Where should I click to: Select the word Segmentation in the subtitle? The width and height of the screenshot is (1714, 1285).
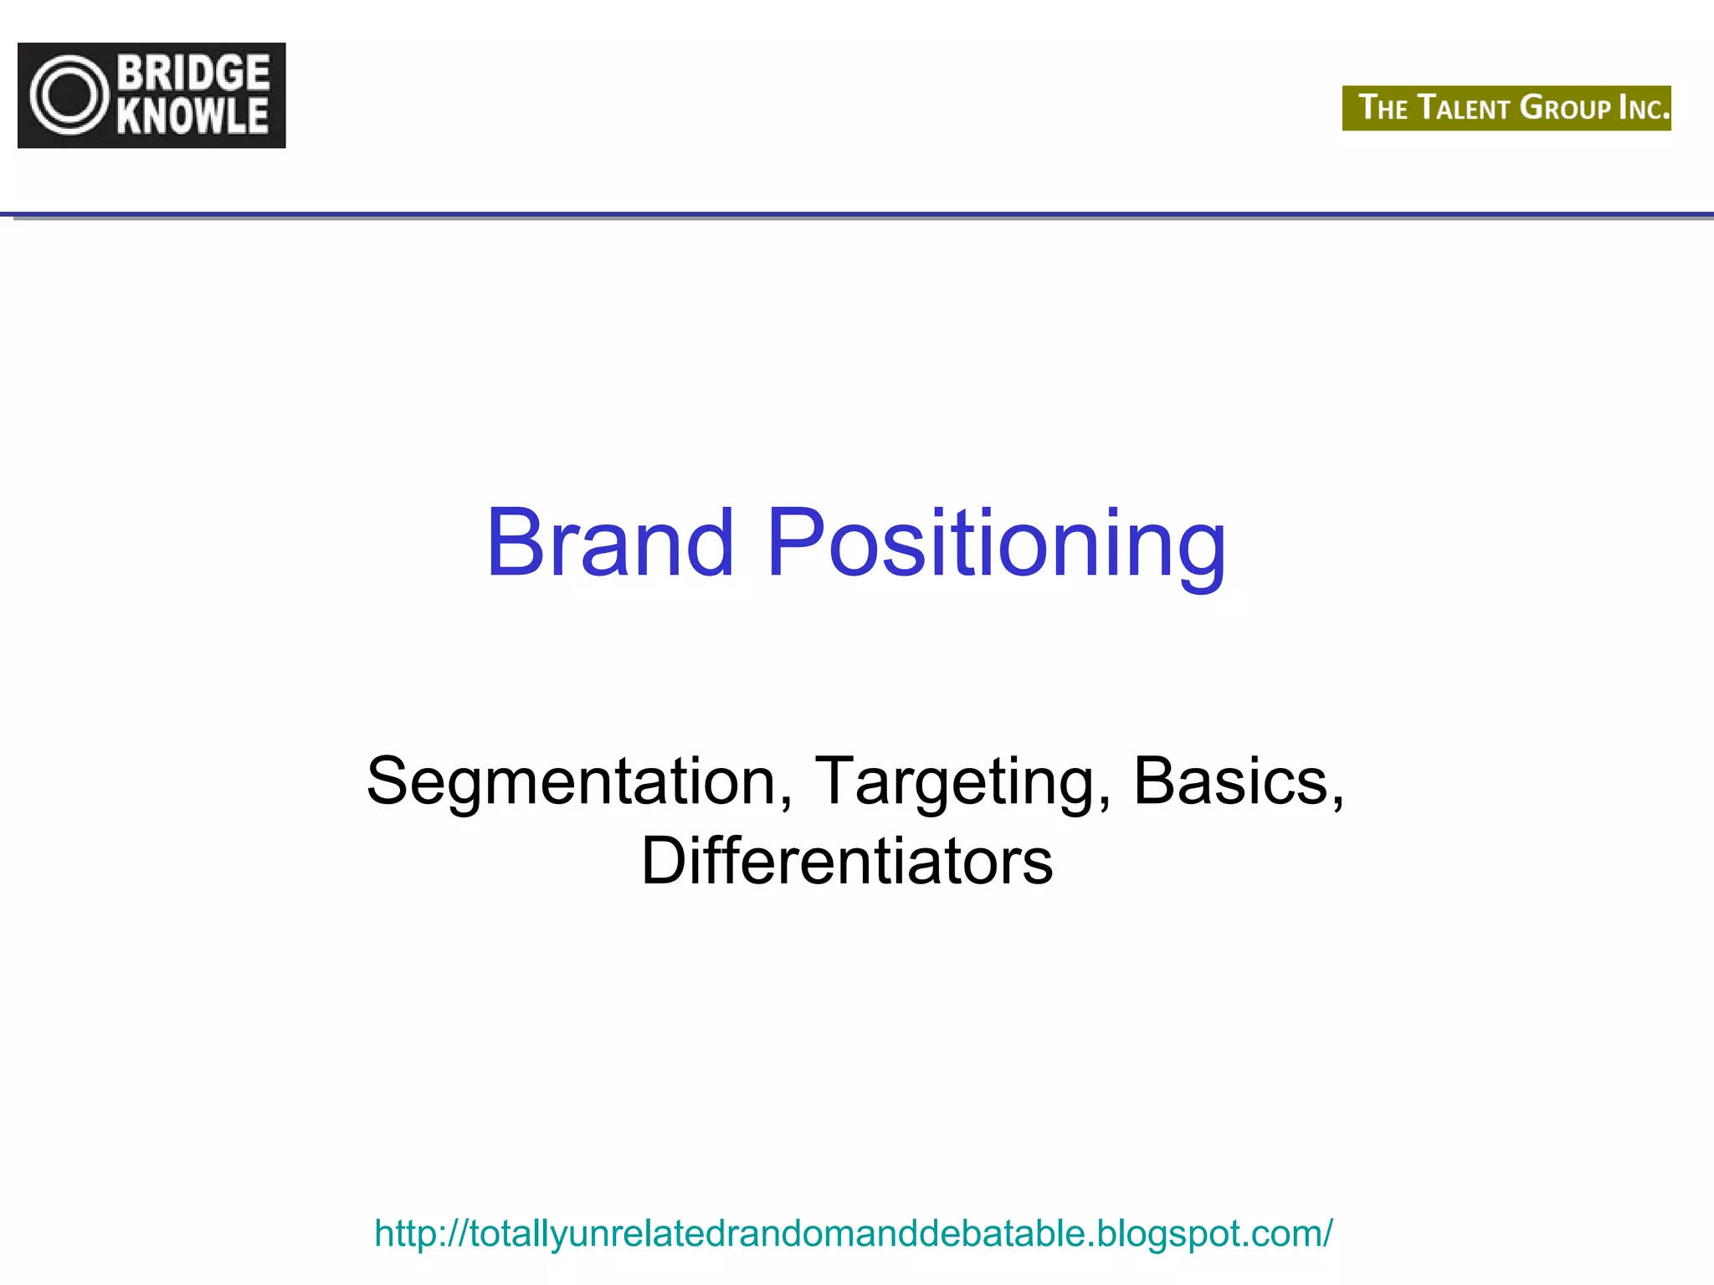pyautogui.click(x=572, y=781)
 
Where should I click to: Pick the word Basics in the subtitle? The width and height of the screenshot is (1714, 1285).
pyautogui.click(x=1230, y=781)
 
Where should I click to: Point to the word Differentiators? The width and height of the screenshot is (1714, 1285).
pyautogui.click(x=847, y=862)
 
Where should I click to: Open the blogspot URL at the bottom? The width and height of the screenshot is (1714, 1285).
pyautogui.click(x=853, y=1233)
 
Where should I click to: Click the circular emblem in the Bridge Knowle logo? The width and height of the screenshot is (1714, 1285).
pyautogui.click(x=69, y=95)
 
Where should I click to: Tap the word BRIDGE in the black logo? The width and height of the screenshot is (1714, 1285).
pyautogui.click(x=193, y=74)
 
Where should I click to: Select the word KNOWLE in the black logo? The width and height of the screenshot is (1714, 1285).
pyautogui.click(x=193, y=116)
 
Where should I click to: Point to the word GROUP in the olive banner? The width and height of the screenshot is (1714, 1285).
pyautogui.click(x=1565, y=109)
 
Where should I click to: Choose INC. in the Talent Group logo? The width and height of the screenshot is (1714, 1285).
pyautogui.click(x=1644, y=109)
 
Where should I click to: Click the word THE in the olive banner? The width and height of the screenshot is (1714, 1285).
pyautogui.click(x=1383, y=109)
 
